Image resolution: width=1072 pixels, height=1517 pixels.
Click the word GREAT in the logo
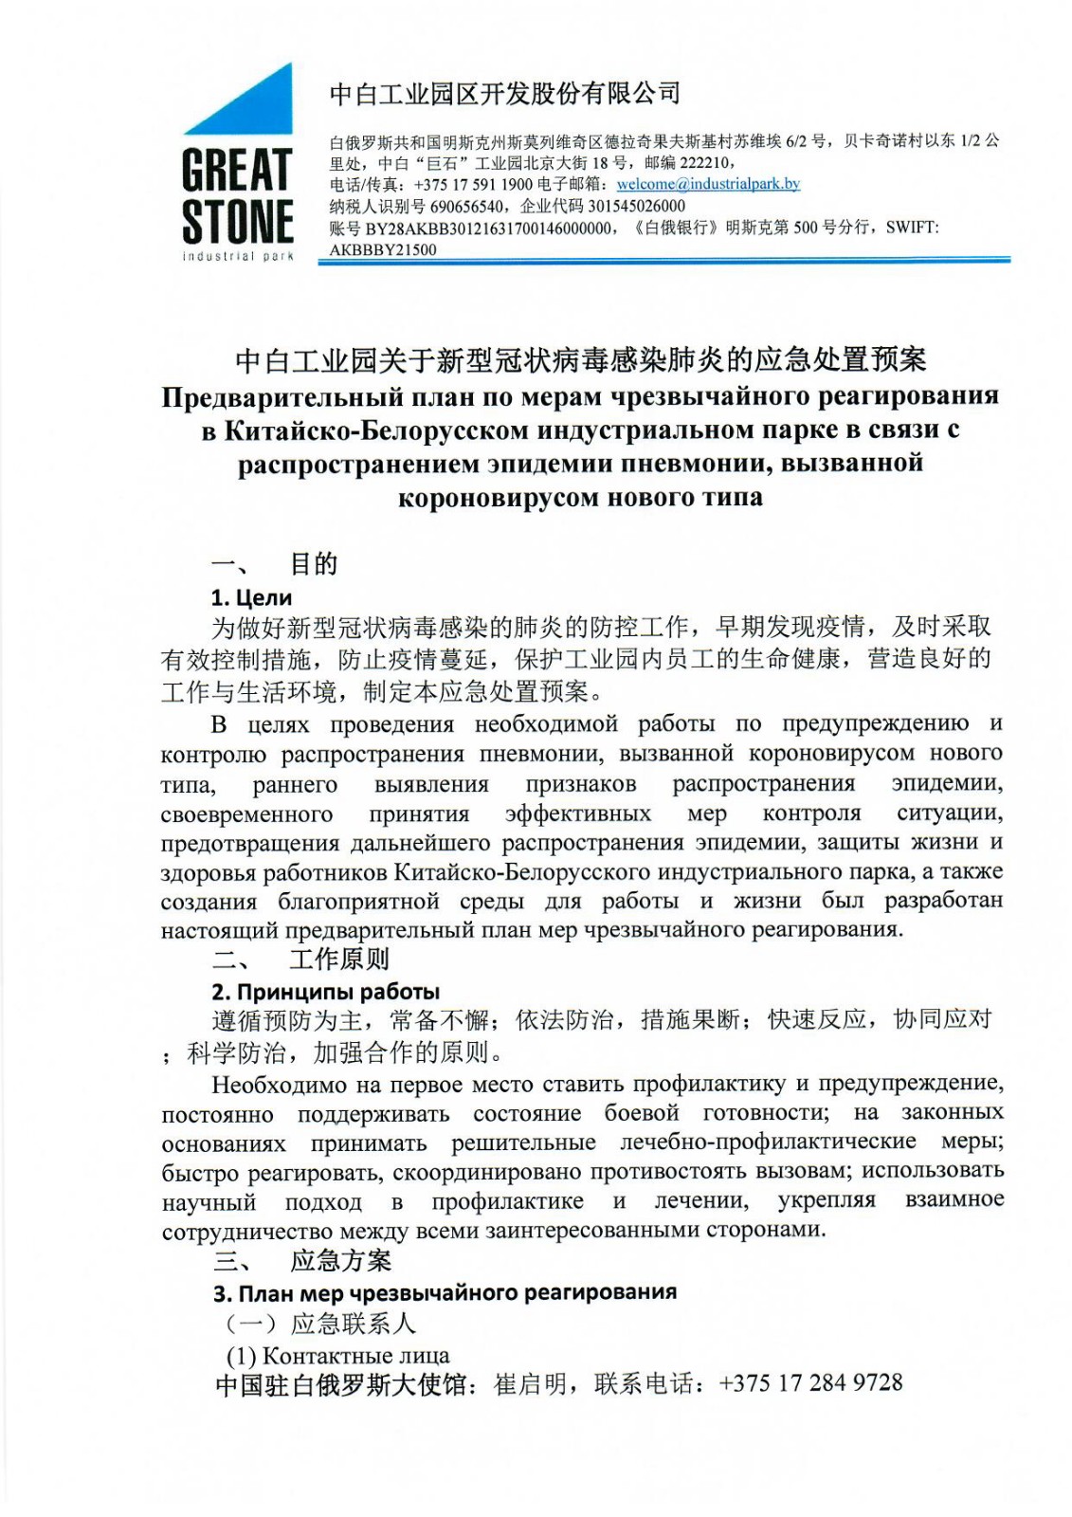click(x=237, y=172)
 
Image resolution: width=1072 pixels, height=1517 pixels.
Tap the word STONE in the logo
click(x=237, y=222)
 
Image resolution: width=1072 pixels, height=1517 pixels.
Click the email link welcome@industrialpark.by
click(x=708, y=184)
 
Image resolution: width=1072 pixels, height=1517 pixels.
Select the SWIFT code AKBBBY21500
click(x=383, y=250)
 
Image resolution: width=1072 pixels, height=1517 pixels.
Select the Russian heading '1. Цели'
click(x=251, y=597)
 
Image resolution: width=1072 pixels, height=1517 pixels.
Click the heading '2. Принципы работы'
click(x=325, y=992)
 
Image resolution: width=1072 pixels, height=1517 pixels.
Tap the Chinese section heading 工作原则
click(x=339, y=960)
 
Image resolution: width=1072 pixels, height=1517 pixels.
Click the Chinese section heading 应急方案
click(x=340, y=1260)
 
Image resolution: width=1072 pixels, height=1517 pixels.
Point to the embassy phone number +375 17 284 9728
click(x=810, y=1382)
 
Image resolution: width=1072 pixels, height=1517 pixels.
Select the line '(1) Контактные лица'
click(x=337, y=1355)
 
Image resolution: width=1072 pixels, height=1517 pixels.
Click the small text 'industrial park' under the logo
click(x=237, y=256)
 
